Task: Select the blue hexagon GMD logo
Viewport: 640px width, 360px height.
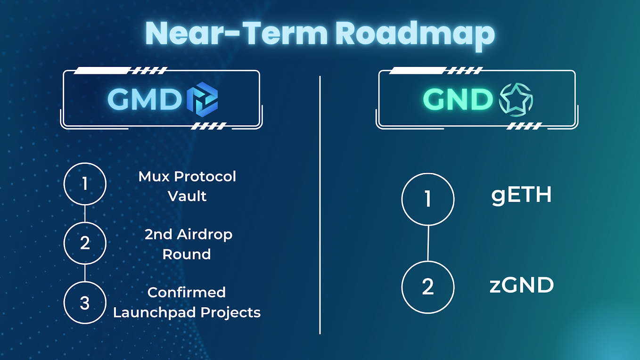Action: pyautogui.click(x=202, y=100)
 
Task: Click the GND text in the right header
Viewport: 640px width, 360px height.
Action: pyautogui.click(x=458, y=100)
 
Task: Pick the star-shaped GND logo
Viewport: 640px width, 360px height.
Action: pyautogui.click(x=516, y=100)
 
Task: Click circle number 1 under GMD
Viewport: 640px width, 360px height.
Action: pyautogui.click(x=85, y=184)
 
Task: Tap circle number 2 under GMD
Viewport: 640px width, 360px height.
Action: pyautogui.click(x=85, y=243)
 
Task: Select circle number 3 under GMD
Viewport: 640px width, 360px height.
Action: pyautogui.click(x=85, y=303)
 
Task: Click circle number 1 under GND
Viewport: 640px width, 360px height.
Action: pyautogui.click(x=428, y=199)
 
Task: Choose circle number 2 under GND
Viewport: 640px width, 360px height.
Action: pyautogui.click(x=428, y=286)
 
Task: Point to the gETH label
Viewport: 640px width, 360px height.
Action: pyautogui.click(x=521, y=195)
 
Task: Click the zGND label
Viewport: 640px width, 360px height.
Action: pyautogui.click(x=521, y=285)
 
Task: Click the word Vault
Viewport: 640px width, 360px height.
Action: pyautogui.click(x=187, y=196)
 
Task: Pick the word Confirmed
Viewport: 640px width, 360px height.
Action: pyautogui.click(x=187, y=292)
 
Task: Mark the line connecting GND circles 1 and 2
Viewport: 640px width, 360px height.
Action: pyautogui.click(x=428, y=243)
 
